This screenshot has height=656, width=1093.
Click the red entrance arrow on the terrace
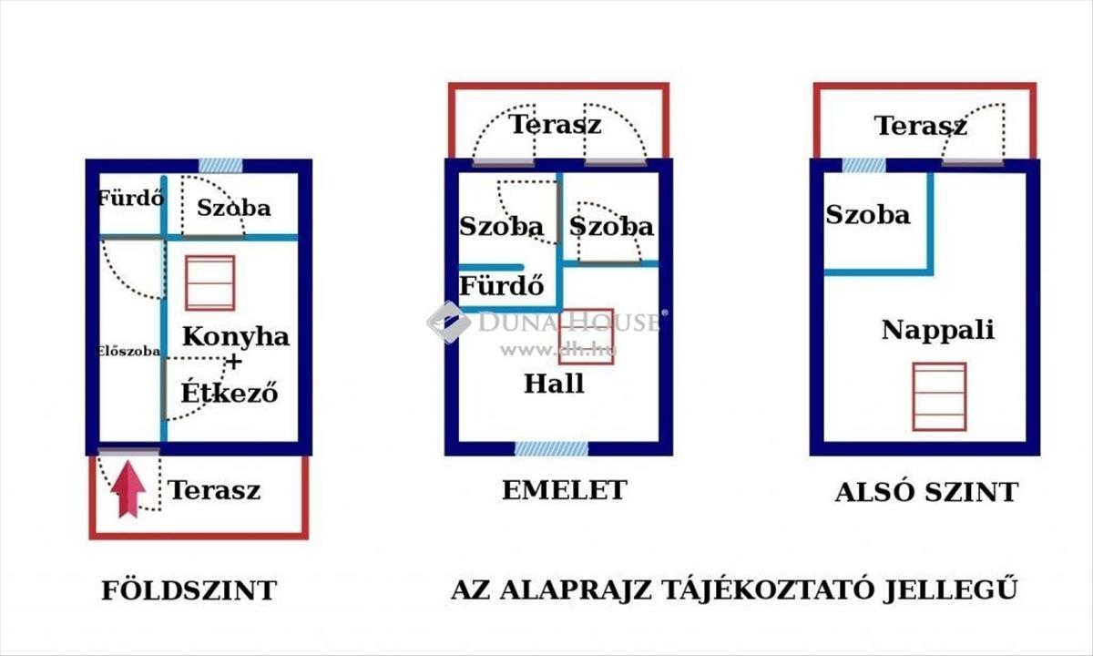[x=128, y=489]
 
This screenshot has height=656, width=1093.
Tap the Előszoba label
[x=128, y=351]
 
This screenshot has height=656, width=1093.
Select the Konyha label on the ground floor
[x=236, y=336]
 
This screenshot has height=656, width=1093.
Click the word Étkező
[x=230, y=392]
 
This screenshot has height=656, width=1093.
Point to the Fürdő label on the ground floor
[x=130, y=199]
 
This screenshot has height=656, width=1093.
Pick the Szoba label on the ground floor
[x=234, y=208]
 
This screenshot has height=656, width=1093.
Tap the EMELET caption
[x=565, y=490]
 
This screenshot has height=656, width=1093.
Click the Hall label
[x=554, y=384]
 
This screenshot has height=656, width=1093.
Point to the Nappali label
[x=938, y=330]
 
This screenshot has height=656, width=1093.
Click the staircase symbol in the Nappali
[x=939, y=397]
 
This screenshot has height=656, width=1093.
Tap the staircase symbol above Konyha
[x=210, y=283]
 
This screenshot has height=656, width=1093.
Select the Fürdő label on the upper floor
[x=502, y=285]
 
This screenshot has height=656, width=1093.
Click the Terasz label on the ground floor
[x=214, y=490]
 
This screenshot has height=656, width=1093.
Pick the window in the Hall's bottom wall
[x=551, y=448]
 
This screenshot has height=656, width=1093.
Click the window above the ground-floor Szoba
[x=220, y=166]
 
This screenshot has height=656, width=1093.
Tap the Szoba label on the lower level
[x=867, y=215]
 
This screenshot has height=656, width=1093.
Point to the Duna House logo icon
[x=449, y=323]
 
